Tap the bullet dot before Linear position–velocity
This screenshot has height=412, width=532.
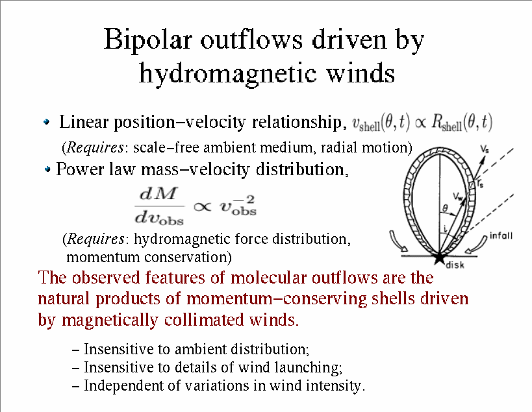click(47, 121)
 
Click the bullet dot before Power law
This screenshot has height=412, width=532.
click(48, 169)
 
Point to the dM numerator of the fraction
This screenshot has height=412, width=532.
click(158, 194)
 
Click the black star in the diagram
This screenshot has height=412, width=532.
click(439, 257)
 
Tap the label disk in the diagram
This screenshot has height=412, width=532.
click(455, 265)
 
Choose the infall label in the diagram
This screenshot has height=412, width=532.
click(501, 236)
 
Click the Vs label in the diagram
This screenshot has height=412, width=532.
click(485, 149)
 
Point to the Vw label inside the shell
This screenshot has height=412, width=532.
click(458, 197)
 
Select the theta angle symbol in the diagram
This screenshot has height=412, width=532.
click(445, 208)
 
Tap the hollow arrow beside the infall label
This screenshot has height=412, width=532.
click(477, 244)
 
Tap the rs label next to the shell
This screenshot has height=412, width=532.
click(480, 184)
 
